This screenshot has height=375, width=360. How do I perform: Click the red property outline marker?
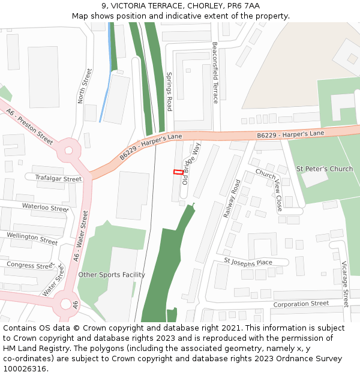tap(178, 172)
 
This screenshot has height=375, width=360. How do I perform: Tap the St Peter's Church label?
tap(325, 169)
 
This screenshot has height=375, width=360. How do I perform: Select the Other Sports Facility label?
tap(112, 275)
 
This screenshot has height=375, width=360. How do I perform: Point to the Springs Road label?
tap(169, 92)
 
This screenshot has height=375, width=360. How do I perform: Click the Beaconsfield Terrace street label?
tap(215, 73)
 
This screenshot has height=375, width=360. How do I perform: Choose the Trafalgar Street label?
tap(58, 179)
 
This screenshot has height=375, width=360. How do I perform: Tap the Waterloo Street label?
tap(45, 208)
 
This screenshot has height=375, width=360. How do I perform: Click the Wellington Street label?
tap(32, 239)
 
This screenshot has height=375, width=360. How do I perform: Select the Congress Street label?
tap(30, 265)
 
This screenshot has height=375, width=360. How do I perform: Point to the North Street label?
tap(85, 86)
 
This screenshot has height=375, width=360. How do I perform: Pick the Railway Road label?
tap(232, 198)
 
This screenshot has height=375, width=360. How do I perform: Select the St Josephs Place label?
tap(248, 262)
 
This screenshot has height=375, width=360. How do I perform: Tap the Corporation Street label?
tap(301, 304)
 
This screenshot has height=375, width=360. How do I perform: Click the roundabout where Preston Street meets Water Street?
tap(68, 151)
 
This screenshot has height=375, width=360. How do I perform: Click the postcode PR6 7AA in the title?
tap(244, 6)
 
